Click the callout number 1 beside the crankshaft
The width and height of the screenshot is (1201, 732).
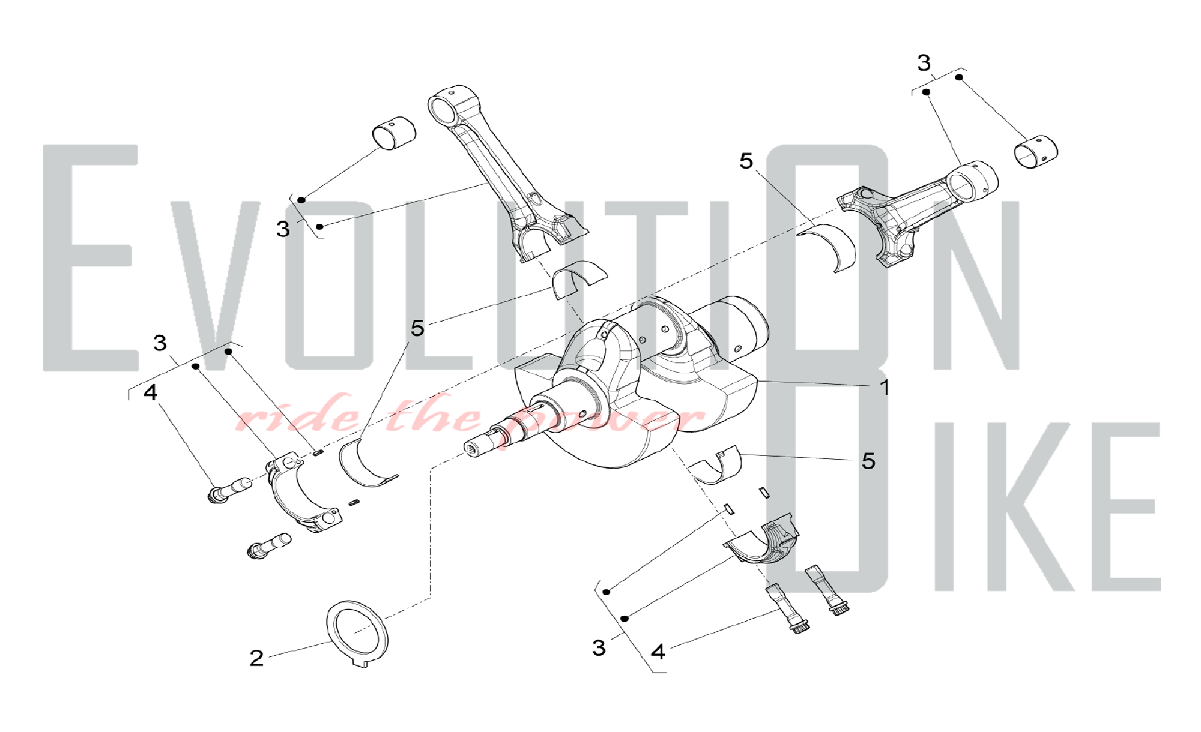(x=885, y=388)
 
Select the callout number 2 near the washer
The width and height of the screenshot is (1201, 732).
(x=256, y=658)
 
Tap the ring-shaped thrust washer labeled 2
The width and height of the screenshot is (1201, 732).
(x=357, y=634)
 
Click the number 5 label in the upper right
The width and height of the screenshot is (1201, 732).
(x=746, y=161)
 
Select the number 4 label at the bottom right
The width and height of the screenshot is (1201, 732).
(x=658, y=652)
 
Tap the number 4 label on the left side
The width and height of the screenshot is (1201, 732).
(x=150, y=392)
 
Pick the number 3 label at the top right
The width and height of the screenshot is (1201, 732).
(x=924, y=62)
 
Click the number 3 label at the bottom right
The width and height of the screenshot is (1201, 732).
(x=599, y=648)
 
